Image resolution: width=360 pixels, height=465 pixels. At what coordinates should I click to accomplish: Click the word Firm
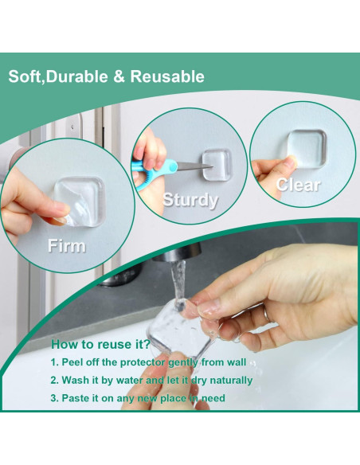coord(66,245)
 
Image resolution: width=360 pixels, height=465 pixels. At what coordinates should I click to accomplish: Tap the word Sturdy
coord(190,200)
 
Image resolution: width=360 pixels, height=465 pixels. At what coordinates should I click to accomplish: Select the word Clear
coord(298,185)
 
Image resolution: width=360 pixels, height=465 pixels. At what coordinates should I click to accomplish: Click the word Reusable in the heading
coord(166,77)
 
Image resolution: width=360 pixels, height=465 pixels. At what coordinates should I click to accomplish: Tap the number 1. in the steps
coord(55,362)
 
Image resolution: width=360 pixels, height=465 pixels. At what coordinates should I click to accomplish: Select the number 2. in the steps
coord(55,381)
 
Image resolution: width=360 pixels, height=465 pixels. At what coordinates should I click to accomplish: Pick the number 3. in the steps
coord(55,398)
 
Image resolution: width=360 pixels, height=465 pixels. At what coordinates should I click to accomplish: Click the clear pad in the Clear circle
coord(306,148)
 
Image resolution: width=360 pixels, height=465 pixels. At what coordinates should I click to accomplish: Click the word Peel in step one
coord(75,362)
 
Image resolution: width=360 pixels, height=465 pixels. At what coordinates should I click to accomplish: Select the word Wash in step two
coord(77,381)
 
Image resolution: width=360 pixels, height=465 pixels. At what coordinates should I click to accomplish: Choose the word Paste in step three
coord(78,398)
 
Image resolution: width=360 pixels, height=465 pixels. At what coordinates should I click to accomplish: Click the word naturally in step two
coord(230,381)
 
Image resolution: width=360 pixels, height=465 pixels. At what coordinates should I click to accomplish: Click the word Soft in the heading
coord(24,77)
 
